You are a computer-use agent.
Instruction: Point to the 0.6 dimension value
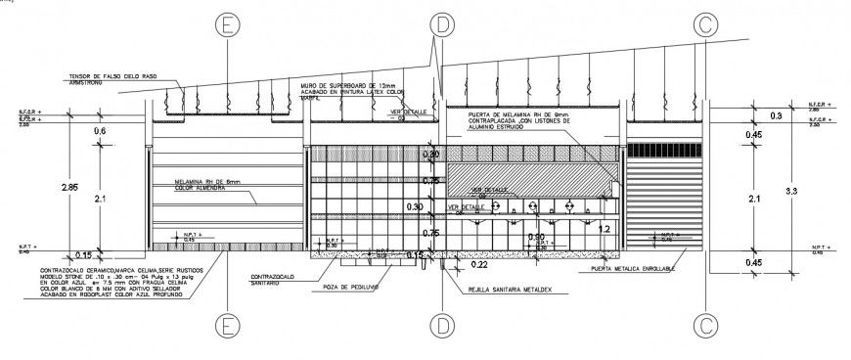pyautogui.click(x=99, y=131)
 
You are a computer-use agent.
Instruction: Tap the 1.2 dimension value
pyautogui.click(x=604, y=229)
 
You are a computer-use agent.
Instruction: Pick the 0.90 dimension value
pyautogui.click(x=536, y=238)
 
